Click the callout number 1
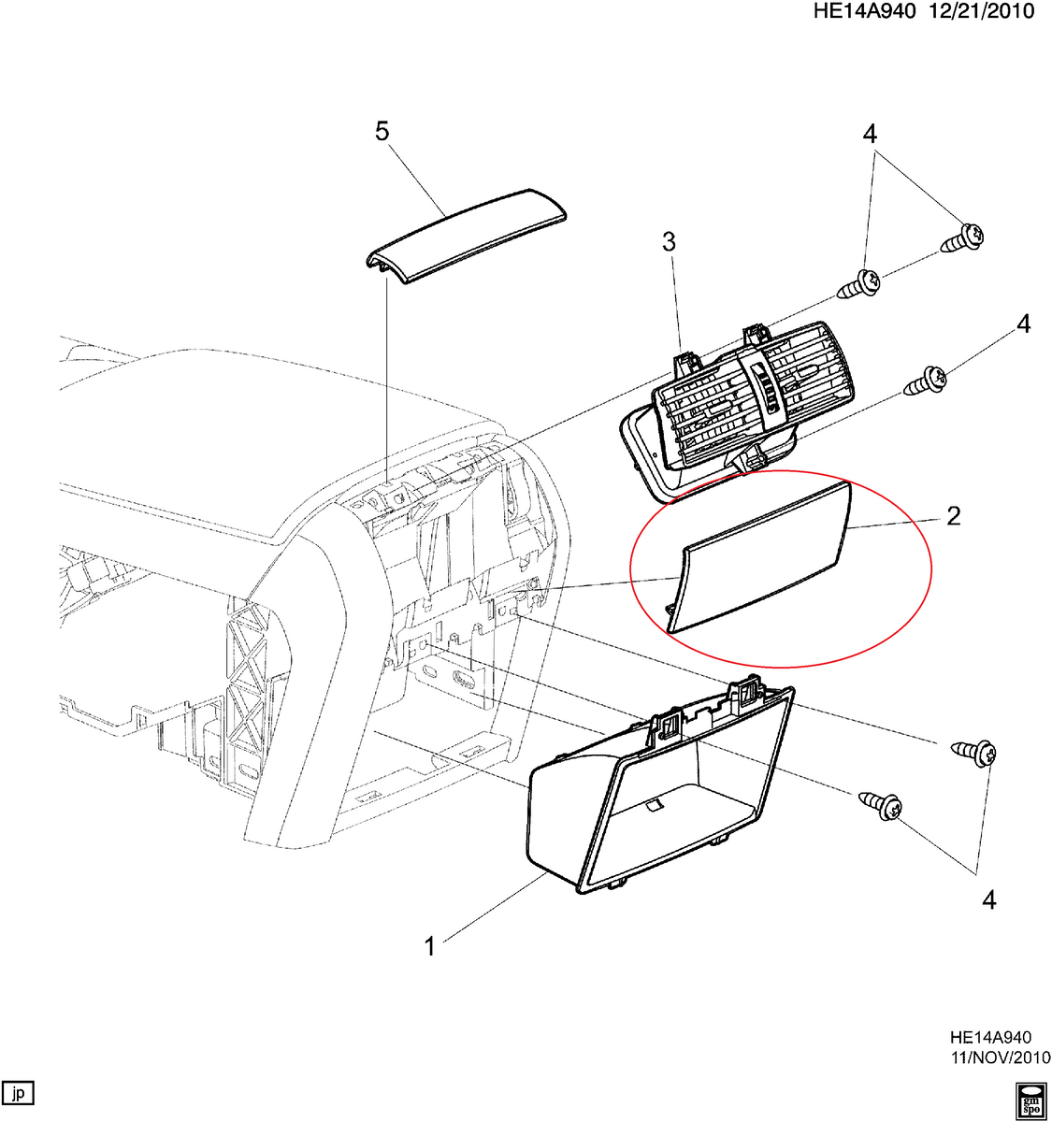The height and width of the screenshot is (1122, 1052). pyautogui.click(x=429, y=946)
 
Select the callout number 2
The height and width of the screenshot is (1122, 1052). pyautogui.click(x=953, y=515)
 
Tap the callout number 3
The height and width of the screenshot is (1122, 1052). pyautogui.click(x=669, y=242)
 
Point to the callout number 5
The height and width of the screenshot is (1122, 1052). pyautogui.click(x=382, y=132)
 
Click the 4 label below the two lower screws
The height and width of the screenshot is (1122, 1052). pyautogui.click(x=989, y=899)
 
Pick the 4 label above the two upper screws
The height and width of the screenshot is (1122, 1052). pyautogui.click(x=870, y=134)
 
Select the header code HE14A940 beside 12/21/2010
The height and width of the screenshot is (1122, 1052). pyautogui.click(x=872, y=11)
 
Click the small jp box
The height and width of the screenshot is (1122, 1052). pyautogui.click(x=19, y=1092)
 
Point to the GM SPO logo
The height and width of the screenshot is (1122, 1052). pyautogui.click(x=1030, y=1100)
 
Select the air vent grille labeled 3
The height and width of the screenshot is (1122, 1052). pyautogui.click(x=748, y=397)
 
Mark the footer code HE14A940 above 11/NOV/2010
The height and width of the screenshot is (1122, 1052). pyautogui.click(x=990, y=1038)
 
